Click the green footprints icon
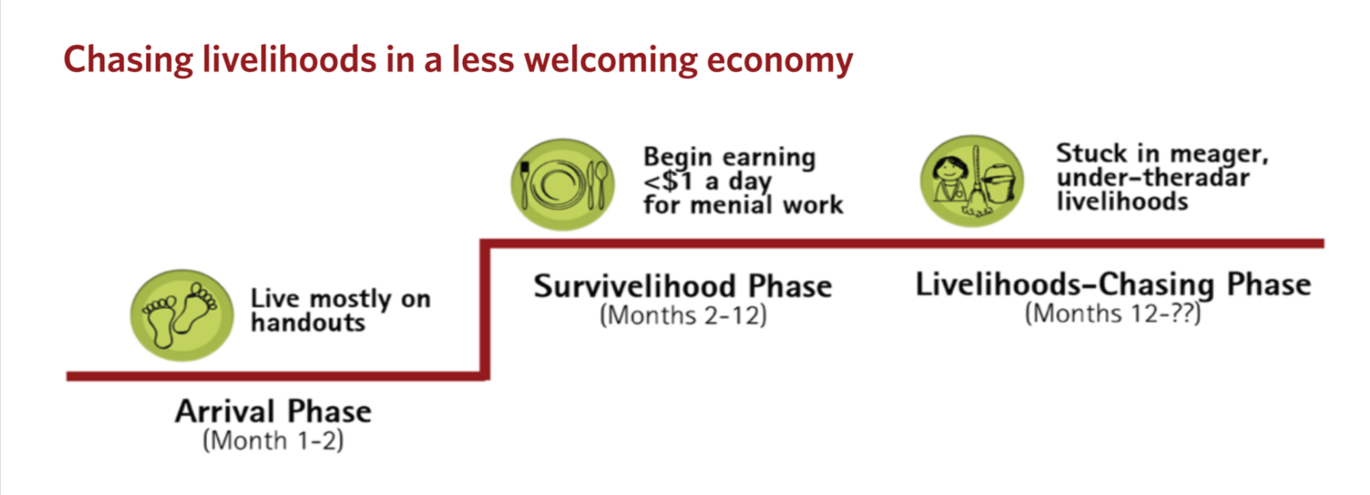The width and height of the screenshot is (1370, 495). (182, 316)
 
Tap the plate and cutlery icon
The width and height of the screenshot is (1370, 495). (562, 185)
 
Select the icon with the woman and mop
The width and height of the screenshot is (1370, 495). (972, 181)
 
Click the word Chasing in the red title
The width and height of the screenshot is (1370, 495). (129, 60)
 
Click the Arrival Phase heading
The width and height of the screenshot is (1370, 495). (273, 411)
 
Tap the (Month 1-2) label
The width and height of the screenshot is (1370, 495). (273, 440)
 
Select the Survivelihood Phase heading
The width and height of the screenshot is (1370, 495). (683, 286)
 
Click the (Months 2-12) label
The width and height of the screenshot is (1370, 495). (684, 316)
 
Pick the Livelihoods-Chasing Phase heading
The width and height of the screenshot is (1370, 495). (1113, 285)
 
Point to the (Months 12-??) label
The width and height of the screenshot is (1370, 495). (1113, 314)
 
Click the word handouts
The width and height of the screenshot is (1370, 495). (308, 322)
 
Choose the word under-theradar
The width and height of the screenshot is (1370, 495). (1153, 177)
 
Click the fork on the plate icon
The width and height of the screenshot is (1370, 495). (525, 185)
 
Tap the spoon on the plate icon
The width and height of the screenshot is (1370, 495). (601, 185)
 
